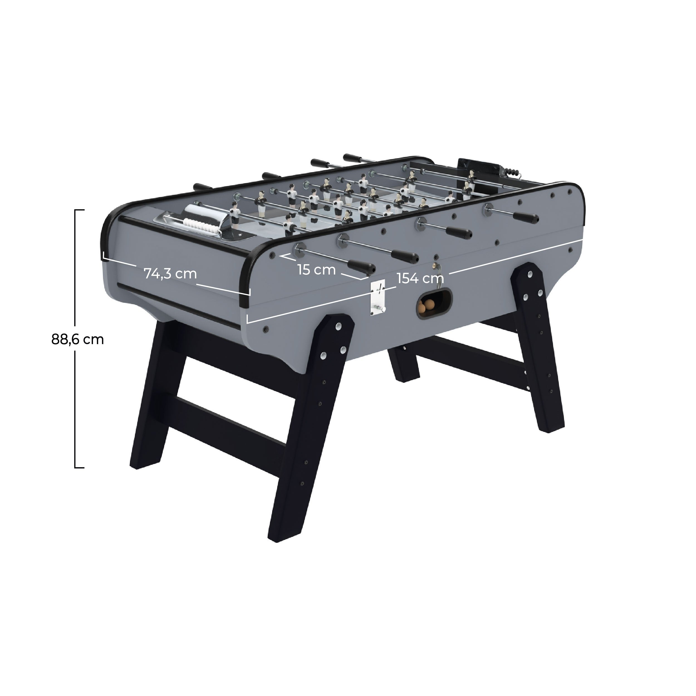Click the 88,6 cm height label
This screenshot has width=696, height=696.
pyautogui.click(x=77, y=339)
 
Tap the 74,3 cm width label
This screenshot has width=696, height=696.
pyautogui.click(x=170, y=274)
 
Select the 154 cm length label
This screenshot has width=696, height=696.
pyautogui.click(x=420, y=278)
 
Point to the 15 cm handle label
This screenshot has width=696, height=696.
pyautogui.click(x=317, y=269)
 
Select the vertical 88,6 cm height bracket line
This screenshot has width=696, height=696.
pyautogui.click(x=75, y=339)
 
